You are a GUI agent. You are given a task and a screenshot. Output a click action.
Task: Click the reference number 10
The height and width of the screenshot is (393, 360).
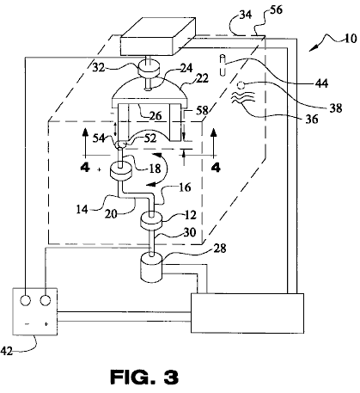[x=350, y=38]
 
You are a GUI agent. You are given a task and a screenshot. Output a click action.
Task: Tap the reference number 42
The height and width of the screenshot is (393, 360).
[x=7, y=351]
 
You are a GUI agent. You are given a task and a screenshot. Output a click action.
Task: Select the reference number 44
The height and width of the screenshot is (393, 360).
[x=321, y=83]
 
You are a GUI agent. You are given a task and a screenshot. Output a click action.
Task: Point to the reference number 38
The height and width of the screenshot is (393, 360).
[x=336, y=108]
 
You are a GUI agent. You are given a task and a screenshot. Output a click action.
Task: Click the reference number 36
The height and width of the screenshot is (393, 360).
[x=312, y=119]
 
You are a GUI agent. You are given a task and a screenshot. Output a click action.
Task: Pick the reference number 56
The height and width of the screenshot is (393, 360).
[x=276, y=9]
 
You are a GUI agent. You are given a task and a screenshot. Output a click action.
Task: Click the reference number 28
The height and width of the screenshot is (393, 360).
[x=220, y=249]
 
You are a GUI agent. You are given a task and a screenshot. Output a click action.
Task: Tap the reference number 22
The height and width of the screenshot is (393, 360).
[x=202, y=78]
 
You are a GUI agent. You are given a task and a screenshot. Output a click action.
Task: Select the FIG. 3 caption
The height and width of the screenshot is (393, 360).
[x=144, y=377]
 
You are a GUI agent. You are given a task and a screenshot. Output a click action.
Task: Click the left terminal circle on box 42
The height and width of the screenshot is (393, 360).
[x=25, y=300]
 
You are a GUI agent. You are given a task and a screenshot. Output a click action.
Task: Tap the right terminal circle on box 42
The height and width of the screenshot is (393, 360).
[x=46, y=300]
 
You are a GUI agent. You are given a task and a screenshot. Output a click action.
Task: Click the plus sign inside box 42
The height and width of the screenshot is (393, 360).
[x=46, y=324]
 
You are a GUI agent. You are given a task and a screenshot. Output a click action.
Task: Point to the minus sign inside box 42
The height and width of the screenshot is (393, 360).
[x=27, y=324]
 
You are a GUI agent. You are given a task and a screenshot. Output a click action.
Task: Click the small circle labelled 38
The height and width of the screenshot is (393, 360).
[x=241, y=85]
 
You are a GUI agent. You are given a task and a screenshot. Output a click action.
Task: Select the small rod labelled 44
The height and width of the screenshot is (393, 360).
[x=222, y=65]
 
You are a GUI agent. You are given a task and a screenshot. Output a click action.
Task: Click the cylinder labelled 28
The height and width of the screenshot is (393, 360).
[x=151, y=267]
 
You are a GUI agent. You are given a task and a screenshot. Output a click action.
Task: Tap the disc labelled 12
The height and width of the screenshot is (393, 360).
[x=151, y=222]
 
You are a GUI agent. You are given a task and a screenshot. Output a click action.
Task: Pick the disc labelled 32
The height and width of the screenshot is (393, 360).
[x=149, y=70]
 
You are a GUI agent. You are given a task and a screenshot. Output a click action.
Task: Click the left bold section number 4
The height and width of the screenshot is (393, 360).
[x=85, y=167]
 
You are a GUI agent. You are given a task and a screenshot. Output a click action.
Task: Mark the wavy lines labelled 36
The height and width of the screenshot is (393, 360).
[x=243, y=97]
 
